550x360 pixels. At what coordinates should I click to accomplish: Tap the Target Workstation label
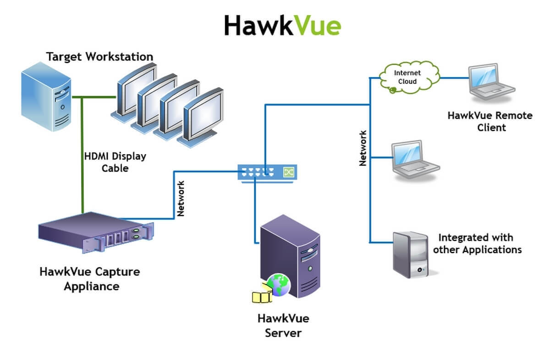click(x=99, y=57)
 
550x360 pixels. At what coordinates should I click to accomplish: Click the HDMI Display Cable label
click(x=115, y=162)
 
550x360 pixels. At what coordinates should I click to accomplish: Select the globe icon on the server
click(x=278, y=284)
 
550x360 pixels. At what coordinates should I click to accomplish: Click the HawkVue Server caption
click(x=283, y=325)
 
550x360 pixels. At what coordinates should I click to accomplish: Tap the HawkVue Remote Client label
click(x=490, y=121)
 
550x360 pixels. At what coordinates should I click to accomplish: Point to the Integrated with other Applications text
click(x=477, y=244)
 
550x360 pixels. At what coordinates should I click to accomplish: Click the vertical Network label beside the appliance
click(x=181, y=198)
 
